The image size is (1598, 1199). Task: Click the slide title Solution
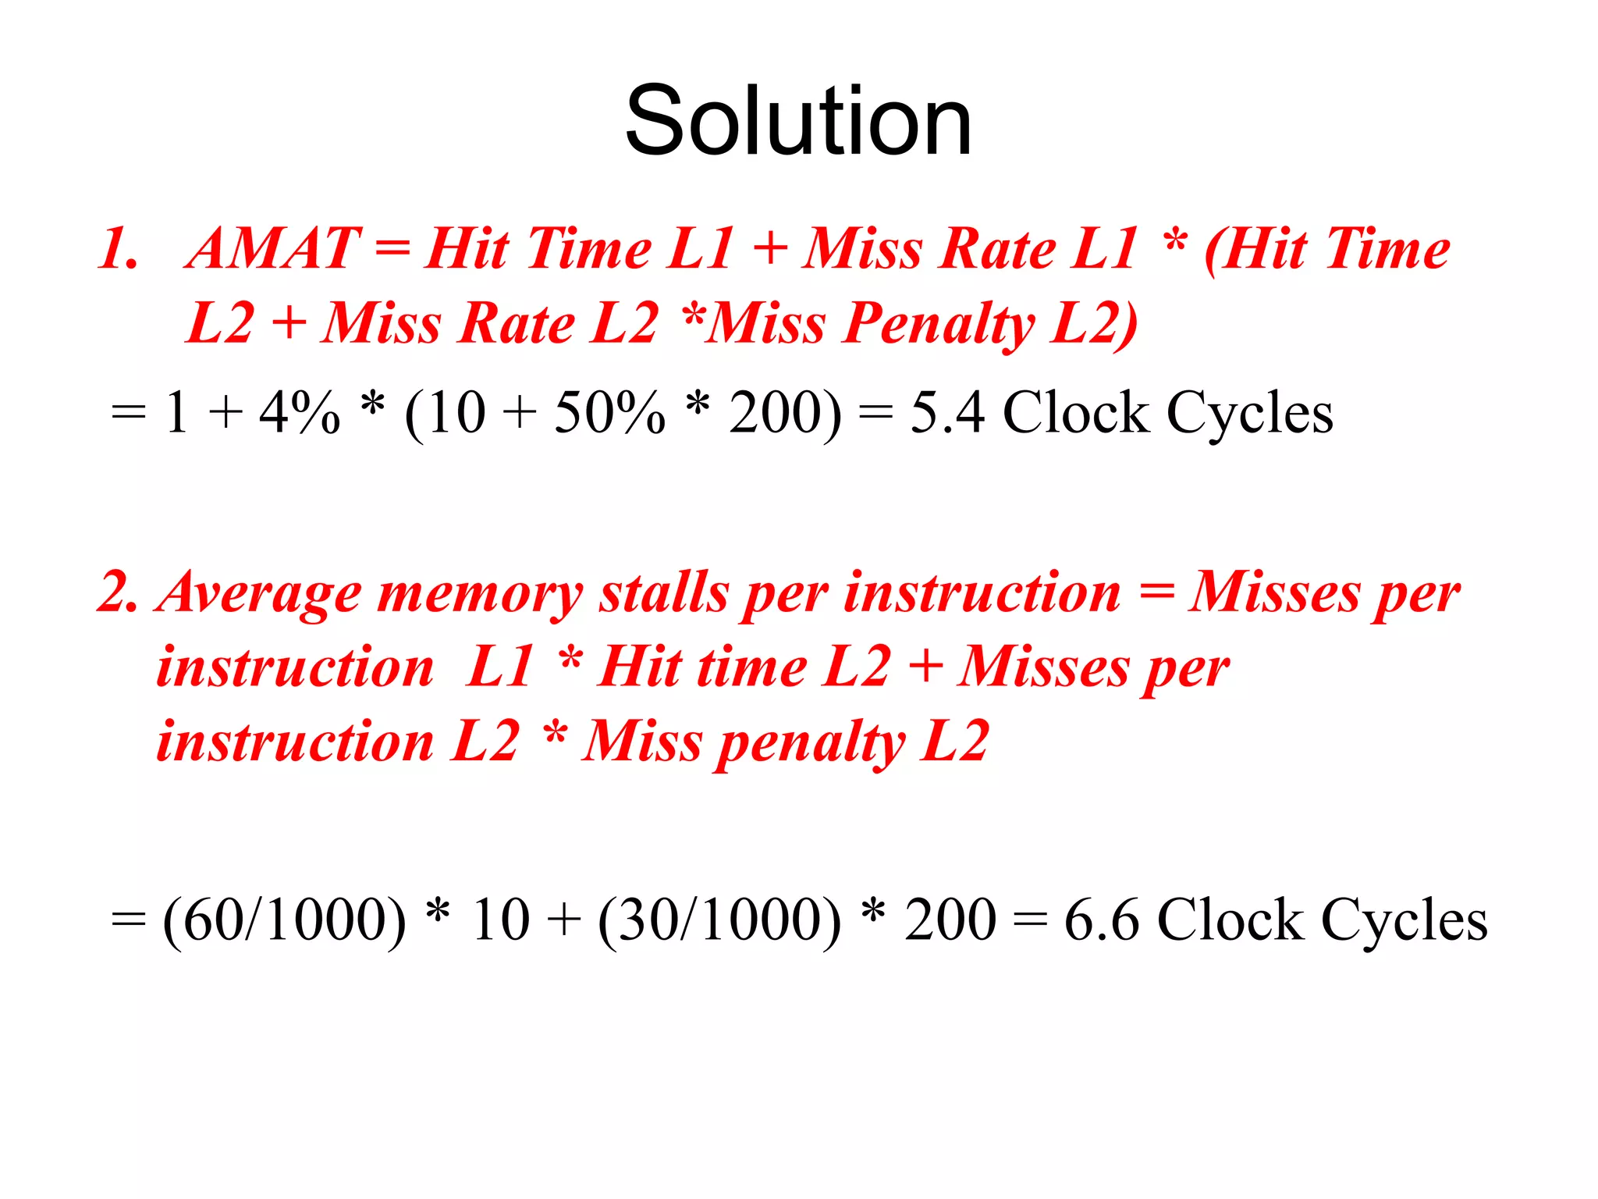798,121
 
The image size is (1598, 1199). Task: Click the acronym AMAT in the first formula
273,248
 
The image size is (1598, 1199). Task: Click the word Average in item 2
259,593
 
